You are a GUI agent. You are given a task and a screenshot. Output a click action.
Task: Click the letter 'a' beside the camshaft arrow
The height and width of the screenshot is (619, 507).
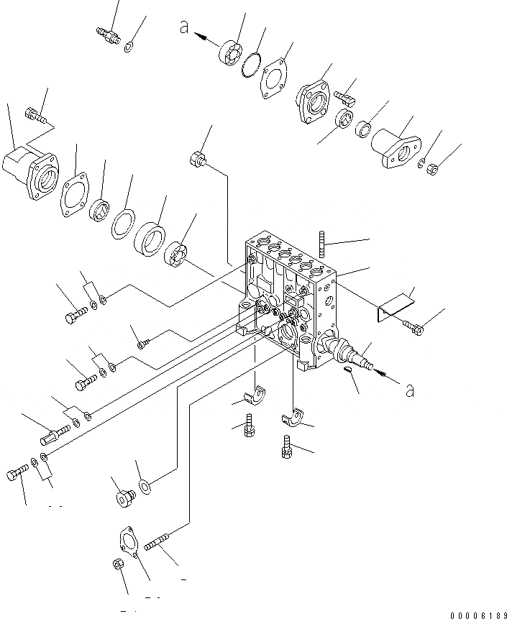(411, 390)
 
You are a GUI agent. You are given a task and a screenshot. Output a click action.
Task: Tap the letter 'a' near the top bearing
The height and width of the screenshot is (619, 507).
(184, 27)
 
